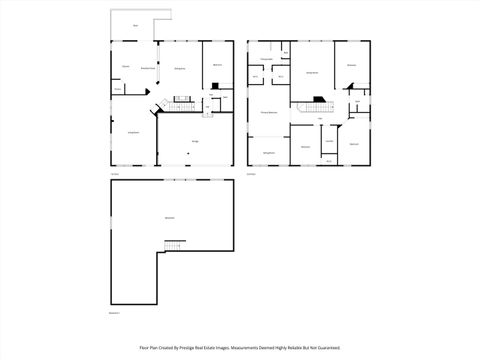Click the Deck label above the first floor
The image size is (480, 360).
click(x=136, y=26)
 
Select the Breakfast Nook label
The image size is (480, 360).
click(x=147, y=67)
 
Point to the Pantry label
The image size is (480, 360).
click(x=117, y=89)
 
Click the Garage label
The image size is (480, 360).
click(x=195, y=142)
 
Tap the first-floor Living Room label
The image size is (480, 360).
click(x=132, y=132)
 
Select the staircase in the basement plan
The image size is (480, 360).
click(x=175, y=246)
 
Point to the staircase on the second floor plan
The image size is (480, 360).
click(x=315, y=101)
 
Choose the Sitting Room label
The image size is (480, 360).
click(x=269, y=152)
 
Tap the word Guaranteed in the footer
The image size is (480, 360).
click(x=326, y=348)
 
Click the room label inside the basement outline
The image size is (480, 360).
click(x=169, y=217)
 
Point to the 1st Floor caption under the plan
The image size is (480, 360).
click(x=114, y=174)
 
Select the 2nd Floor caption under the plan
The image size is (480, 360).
click(x=251, y=174)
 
